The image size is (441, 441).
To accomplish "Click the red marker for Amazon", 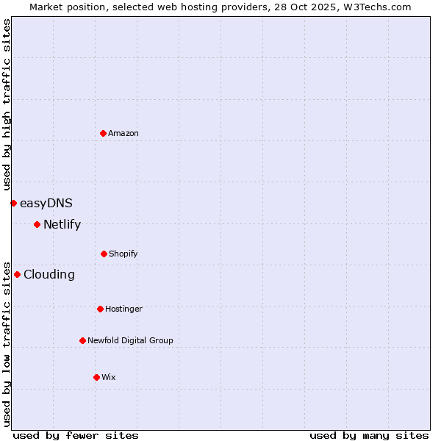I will [x=103, y=133].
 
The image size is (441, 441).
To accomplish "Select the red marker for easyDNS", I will [x=13, y=203].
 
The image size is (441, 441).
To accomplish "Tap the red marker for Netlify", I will [x=37, y=224].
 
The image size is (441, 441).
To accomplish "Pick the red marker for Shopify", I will [x=104, y=254].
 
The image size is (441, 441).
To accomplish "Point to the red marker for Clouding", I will [x=17, y=274].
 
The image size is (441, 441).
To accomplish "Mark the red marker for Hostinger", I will [x=100, y=309].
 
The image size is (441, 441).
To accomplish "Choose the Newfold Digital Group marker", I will [x=82, y=340].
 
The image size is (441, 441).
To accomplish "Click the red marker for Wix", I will [x=96, y=377].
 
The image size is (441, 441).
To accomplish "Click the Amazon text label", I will [x=123, y=133].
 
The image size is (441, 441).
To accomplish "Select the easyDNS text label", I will [x=46, y=203].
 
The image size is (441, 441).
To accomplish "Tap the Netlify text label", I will [x=62, y=224].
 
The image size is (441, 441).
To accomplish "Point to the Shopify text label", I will [x=123, y=254].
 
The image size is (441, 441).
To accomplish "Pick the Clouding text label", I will [x=49, y=274].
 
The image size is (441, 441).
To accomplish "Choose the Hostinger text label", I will [x=123, y=309].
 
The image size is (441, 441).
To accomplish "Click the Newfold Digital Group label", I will [x=130, y=340].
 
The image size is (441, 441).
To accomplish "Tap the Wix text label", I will [x=109, y=377].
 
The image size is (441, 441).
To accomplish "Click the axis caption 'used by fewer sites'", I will [x=76, y=435].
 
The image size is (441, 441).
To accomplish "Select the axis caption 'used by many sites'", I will [x=369, y=435].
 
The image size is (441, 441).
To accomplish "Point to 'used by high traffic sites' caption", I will [x=7, y=104].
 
